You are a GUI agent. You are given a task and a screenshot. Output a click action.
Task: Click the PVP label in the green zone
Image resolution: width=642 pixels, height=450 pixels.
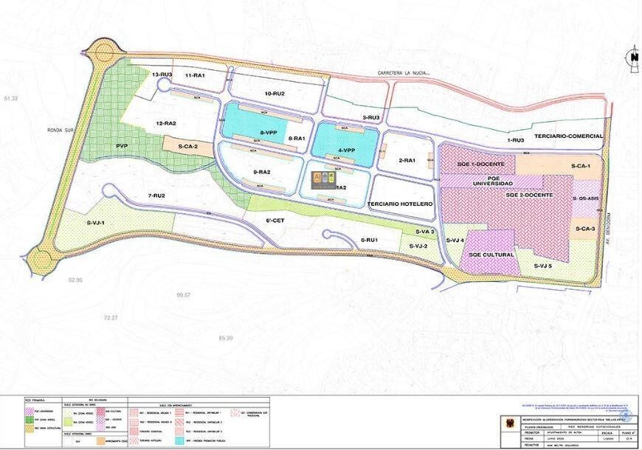[122, 146]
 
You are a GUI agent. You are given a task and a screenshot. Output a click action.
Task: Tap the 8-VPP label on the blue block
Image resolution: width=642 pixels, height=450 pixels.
[269, 132]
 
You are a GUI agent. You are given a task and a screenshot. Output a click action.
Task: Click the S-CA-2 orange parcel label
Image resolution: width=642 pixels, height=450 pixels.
[188, 147]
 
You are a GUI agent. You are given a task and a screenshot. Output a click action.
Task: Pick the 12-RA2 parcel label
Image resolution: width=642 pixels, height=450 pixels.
[165, 123]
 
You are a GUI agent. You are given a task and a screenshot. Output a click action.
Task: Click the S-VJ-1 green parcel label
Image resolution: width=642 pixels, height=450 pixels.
[96, 222]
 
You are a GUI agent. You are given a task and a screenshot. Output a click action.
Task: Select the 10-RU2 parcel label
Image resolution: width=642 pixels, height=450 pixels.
[274, 94]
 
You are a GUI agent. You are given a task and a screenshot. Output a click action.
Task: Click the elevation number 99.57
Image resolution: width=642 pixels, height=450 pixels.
[184, 295]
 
